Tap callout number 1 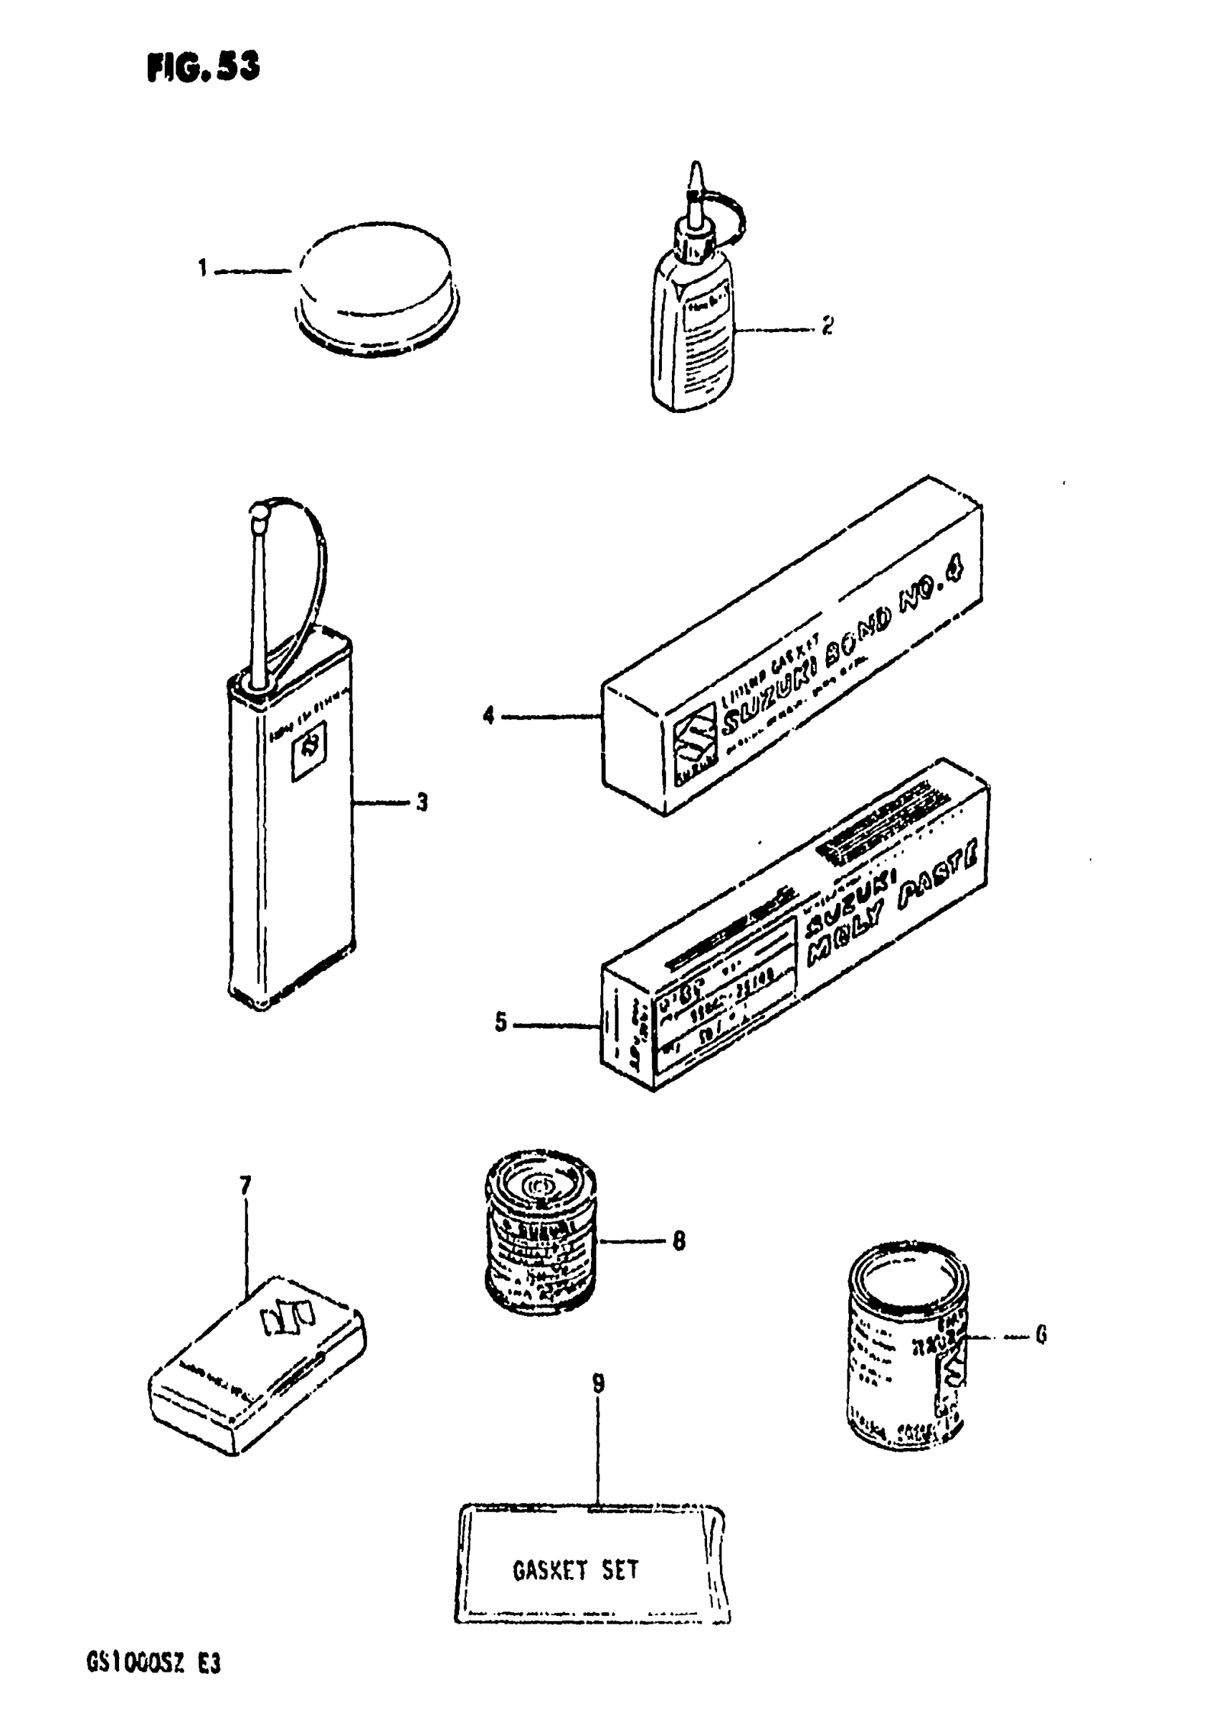[202, 268]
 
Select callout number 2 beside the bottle [827, 326]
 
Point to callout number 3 [422, 802]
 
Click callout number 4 [489, 714]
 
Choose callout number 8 [678, 1240]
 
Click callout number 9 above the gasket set [597, 1383]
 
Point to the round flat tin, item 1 [376, 287]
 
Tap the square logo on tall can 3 [308, 749]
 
